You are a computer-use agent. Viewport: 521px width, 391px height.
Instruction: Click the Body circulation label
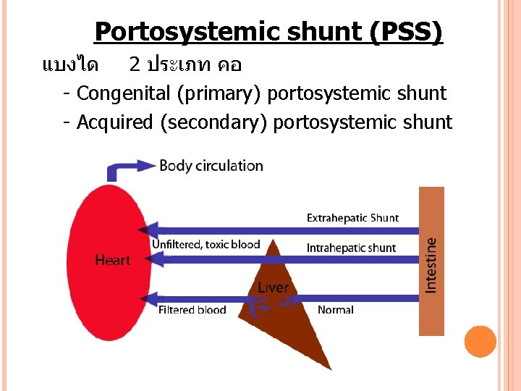[x=211, y=166]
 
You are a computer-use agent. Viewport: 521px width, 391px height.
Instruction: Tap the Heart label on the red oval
[x=113, y=260]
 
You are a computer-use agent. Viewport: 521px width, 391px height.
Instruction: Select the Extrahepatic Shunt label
[x=352, y=218]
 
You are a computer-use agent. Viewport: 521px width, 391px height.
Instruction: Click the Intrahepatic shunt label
[x=351, y=248]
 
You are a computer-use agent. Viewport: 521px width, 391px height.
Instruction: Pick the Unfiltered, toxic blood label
[x=206, y=245]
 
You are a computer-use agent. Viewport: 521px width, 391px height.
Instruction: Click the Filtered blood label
[x=192, y=310]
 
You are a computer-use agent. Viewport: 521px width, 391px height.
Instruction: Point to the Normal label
[x=336, y=310]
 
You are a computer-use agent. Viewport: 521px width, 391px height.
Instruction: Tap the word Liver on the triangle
[x=273, y=287]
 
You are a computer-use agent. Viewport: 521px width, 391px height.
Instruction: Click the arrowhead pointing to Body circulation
[x=149, y=166]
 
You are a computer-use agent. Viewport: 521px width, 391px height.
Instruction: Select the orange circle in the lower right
[x=480, y=342]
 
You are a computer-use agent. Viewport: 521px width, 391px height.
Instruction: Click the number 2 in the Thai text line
[x=135, y=65]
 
